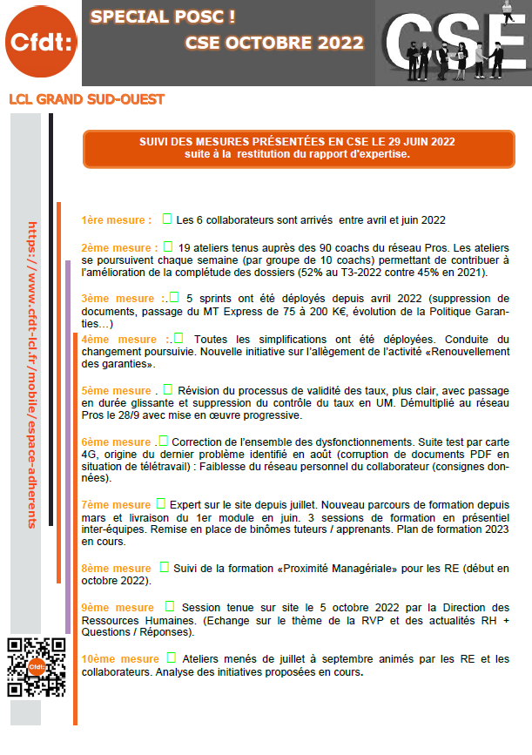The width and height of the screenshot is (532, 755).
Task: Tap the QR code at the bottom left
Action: [37, 668]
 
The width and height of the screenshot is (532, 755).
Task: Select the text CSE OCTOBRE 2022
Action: [274, 44]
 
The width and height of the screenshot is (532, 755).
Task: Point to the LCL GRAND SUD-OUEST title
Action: [86, 99]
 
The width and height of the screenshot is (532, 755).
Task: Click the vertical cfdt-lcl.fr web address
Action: [33, 374]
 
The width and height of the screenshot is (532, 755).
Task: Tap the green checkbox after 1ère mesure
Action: [167, 219]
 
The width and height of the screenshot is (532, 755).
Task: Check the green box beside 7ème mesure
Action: [160, 504]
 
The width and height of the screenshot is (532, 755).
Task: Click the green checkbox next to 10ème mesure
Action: [171, 657]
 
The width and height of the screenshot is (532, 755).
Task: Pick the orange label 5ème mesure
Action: [117, 391]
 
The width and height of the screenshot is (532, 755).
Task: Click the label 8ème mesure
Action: [116, 569]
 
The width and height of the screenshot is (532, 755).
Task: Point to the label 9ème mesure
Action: [118, 608]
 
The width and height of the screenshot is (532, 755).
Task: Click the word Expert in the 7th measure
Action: [187, 505]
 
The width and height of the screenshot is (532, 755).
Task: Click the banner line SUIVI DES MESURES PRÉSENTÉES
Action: [296, 141]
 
